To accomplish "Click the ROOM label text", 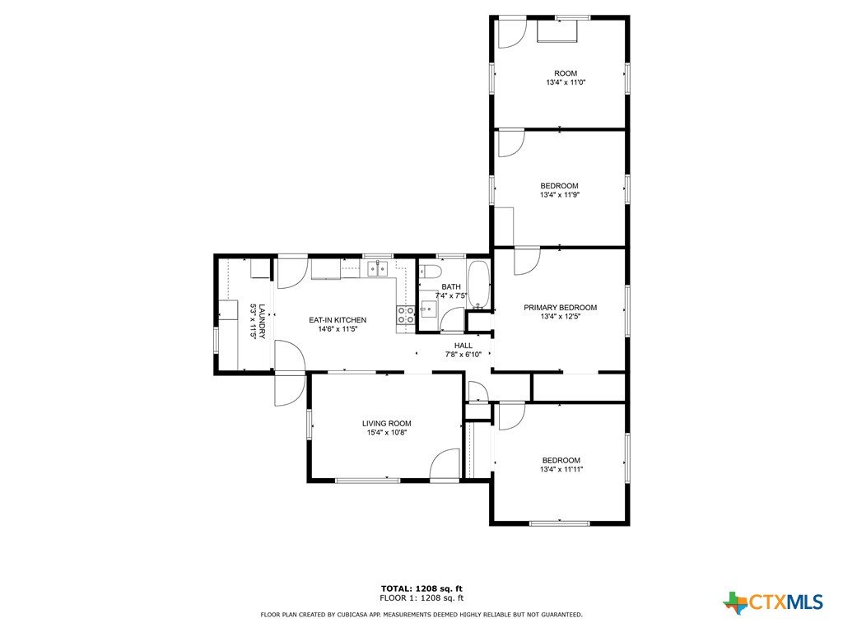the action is pos(566,73).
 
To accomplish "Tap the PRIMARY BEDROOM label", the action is pos(560,308).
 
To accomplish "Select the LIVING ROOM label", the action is pos(387,424).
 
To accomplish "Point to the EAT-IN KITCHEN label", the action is pos(338,320).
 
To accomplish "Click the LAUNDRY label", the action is pos(262,322).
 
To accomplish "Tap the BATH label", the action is pos(451,286).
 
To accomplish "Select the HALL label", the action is pos(463,346).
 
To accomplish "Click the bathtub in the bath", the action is pos(478,286).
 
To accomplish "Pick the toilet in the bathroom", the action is pos(430,271).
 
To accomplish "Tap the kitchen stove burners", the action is pos(406,315).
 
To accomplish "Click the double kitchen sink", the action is pos(377,268).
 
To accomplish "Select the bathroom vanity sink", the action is pos(429,309).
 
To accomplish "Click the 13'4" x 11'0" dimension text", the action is pos(566,83).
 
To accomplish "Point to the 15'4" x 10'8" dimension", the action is pos(387,432).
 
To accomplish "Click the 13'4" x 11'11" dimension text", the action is pos(561,469).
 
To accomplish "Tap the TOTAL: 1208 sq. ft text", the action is pos(421,588).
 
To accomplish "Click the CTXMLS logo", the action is pos(774,602).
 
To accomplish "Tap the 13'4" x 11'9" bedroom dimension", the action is pos(560,195).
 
